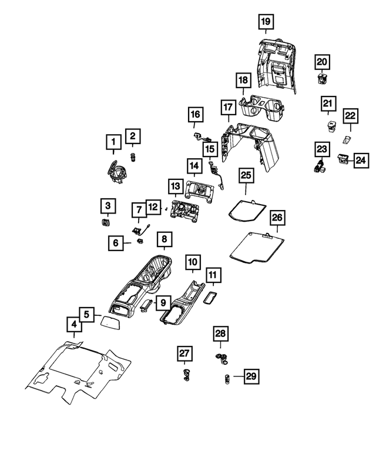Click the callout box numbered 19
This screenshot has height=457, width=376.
click(266, 22)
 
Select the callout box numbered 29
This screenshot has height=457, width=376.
click(251, 376)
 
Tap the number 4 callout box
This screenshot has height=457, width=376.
click(74, 324)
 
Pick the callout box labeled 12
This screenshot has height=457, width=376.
click(153, 207)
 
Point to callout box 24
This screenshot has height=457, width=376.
click(361, 161)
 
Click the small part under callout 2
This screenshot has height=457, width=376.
click(133, 157)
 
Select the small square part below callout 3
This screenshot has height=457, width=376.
click(105, 222)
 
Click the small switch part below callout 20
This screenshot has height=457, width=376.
click(322, 78)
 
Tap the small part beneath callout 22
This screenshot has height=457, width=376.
click(347, 139)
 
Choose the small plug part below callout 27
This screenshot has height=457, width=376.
click(185, 374)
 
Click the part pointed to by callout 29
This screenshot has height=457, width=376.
click(227, 379)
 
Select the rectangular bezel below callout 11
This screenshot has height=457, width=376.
click(210, 298)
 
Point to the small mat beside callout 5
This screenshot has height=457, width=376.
click(111, 323)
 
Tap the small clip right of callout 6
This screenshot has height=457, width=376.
click(140, 241)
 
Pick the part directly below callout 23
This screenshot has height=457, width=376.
click(320, 165)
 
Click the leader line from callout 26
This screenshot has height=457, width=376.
click(277, 229)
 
